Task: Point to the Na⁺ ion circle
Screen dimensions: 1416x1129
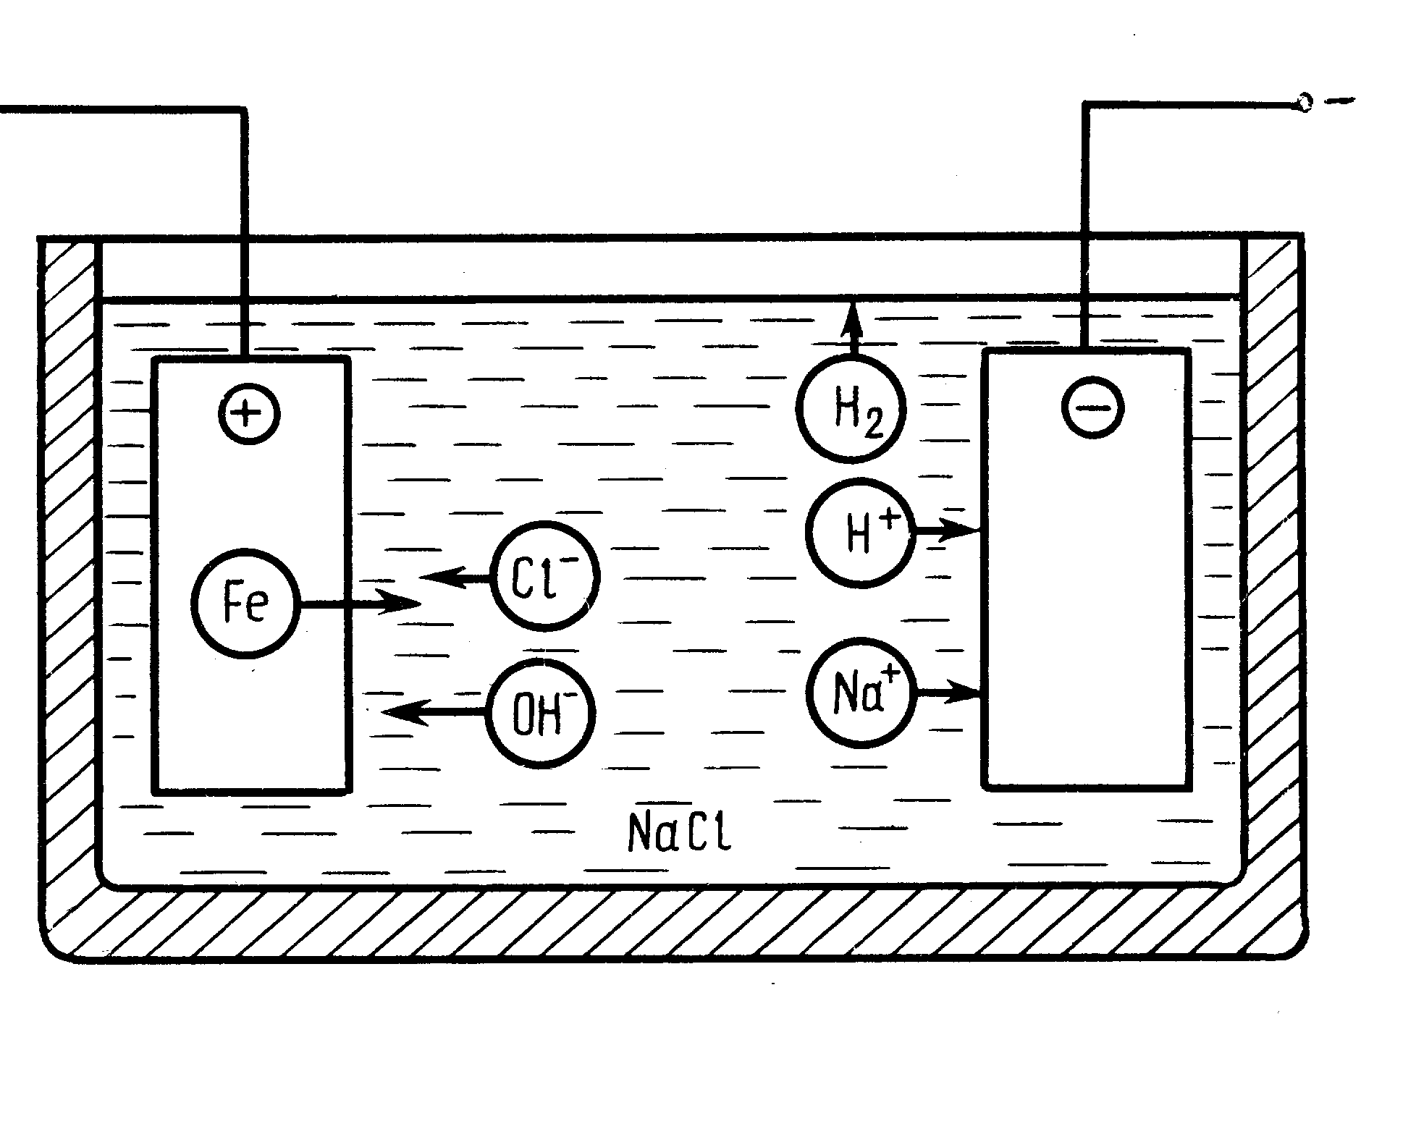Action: coord(861,692)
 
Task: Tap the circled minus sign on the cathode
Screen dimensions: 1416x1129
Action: coord(1093,407)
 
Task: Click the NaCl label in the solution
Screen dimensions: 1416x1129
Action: coord(679,830)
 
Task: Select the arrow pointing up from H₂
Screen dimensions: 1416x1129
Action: coord(852,329)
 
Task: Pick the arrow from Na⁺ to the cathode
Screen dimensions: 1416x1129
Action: coord(948,692)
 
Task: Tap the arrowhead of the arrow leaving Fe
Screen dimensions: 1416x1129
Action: coord(399,602)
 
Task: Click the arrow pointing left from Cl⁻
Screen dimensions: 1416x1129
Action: coord(456,578)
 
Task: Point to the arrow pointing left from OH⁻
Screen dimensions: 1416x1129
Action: coord(434,713)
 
